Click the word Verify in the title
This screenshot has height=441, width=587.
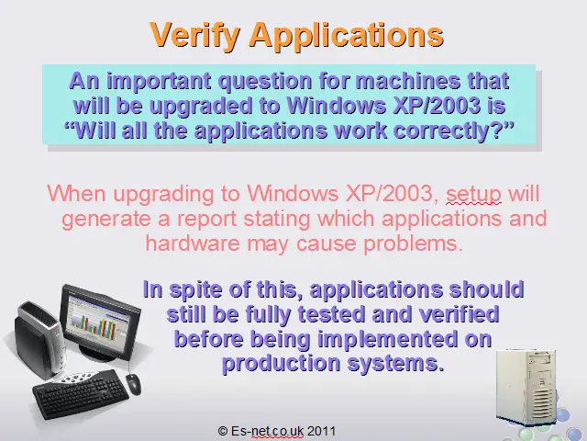pyautogui.click(x=194, y=35)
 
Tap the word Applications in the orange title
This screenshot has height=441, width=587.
pyautogui.click(x=347, y=35)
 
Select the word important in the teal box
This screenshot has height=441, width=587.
pyautogui.click(x=159, y=82)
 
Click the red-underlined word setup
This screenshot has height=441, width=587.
pyautogui.click(x=473, y=194)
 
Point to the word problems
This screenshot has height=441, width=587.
pyautogui.click(x=414, y=244)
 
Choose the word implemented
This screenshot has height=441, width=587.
pyautogui.click(x=388, y=339)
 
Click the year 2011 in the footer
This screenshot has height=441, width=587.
pyautogui.click(x=321, y=431)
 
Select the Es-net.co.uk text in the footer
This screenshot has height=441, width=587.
pyautogui.click(x=267, y=431)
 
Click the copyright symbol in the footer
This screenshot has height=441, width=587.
pyautogui.click(x=223, y=431)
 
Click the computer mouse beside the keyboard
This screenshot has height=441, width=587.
pyautogui.click(x=133, y=384)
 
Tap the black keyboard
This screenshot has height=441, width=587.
pyautogui.click(x=81, y=393)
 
